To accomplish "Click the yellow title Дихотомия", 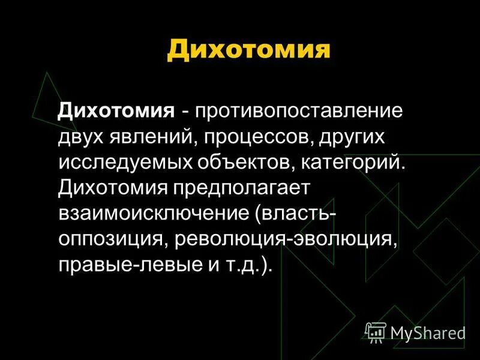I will pos(248,49).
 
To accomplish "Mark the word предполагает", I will pos(241,188).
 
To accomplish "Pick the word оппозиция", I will pos(112,238).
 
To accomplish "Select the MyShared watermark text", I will pos(427,332).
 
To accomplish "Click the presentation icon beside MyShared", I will pos(376,331).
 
